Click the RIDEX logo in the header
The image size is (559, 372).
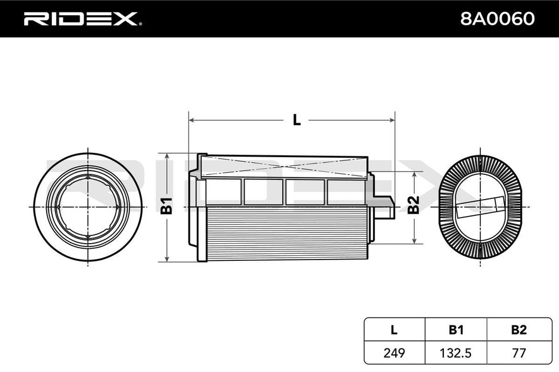coord(82,19)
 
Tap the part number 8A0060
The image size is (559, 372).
coord(497,18)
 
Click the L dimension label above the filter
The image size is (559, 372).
coord(296,120)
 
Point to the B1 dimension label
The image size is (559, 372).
coord(166,206)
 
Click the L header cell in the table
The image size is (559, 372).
coord(394,330)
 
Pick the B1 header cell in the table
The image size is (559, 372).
coord(456,330)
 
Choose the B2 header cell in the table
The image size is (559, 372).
coord(519,330)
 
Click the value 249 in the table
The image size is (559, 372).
coord(394,353)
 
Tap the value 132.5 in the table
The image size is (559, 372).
coord(456,353)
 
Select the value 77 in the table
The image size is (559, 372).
coord(519,353)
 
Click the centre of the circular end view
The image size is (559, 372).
coord(88,207)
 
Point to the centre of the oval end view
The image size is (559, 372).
coord(481,207)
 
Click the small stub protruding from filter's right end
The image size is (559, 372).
coord(385,207)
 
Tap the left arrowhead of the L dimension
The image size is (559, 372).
coord(192,121)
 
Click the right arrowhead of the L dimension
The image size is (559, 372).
coord(392,121)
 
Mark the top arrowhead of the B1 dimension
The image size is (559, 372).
coord(167,156)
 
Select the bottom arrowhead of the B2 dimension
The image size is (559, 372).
coord(414,241)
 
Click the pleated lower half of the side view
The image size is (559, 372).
coord(286,234)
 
